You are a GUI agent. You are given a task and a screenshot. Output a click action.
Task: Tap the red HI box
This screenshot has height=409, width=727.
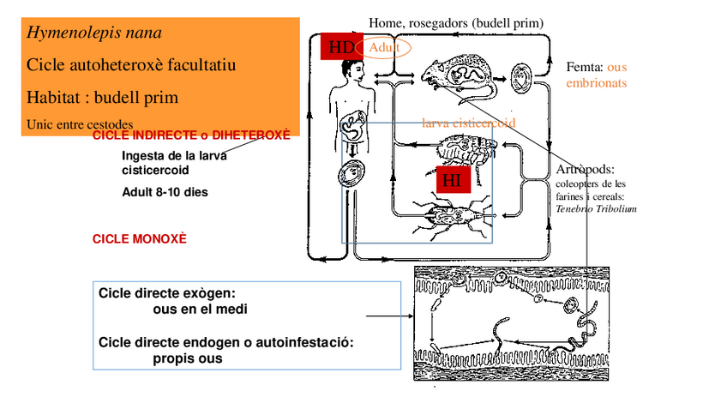click(451, 180)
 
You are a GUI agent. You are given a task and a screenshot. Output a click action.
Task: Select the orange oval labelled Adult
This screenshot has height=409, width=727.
click(384, 48)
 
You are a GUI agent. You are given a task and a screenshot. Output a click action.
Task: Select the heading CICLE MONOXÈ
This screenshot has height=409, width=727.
click(139, 239)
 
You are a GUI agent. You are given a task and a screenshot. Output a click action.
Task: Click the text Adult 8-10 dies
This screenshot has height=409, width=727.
click(165, 192)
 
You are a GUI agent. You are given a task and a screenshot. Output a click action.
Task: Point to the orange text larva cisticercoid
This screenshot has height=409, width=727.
click(469, 123)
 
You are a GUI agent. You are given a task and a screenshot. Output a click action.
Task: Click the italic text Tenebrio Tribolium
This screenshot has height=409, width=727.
click(596, 208)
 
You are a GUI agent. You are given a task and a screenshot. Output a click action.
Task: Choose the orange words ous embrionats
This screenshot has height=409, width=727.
click(597, 75)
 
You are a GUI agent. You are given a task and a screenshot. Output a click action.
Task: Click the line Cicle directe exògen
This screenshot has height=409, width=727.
click(166, 293)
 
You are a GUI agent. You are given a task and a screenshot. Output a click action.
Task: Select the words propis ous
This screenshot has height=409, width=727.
click(187, 358)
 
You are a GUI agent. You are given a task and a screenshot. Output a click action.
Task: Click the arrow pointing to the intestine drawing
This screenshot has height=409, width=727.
click(385, 316)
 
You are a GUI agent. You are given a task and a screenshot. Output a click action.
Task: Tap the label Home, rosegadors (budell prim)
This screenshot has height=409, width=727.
click(455, 21)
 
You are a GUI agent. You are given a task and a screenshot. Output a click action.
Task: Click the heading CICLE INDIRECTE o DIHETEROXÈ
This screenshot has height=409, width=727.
click(190, 135)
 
